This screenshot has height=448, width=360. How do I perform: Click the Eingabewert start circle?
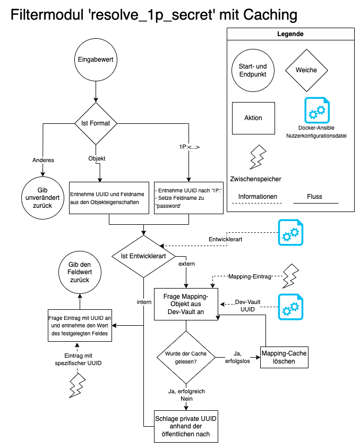click(x=96, y=60)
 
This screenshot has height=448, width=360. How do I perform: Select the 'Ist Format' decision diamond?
click(x=96, y=123)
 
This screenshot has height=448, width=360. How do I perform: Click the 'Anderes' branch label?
click(x=44, y=159)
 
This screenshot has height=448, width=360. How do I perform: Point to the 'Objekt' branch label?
click(x=97, y=158)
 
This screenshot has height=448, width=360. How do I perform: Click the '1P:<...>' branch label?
click(x=189, y=147)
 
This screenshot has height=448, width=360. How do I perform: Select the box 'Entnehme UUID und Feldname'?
click(x=109, y=198)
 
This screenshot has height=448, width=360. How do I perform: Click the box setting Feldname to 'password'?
click(x=188, y=198)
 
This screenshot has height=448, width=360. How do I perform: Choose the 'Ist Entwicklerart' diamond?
click(x=143, y=256)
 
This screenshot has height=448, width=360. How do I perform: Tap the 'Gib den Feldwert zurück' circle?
click(x=80, y=272)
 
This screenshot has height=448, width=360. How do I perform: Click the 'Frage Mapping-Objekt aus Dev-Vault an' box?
click(x=186, y=304)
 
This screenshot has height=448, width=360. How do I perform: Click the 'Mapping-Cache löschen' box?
click(x=284, y=357)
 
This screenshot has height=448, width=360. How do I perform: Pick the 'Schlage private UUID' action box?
click(x=185, y=426)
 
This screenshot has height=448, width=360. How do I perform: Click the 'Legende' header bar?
click(x=290, y=34)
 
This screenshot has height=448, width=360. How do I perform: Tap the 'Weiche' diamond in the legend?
click(x=306, y=70)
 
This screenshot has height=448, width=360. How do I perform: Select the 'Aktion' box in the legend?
click(x=253, y=118)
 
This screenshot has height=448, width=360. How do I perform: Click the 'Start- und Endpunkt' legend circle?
click(x=253, y=70)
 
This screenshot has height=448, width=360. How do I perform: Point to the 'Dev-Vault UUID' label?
click(x=247, y=305)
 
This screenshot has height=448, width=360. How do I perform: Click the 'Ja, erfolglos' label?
click(x=237, y=357)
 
